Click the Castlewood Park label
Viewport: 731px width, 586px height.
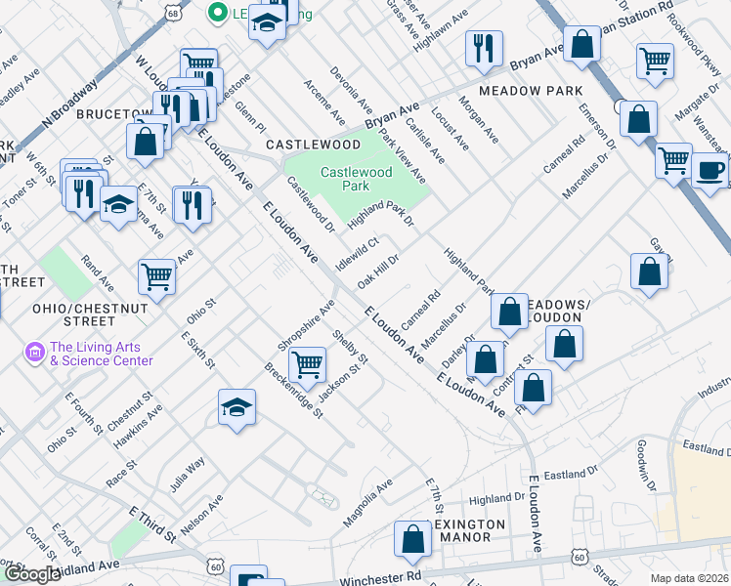pos(357,179)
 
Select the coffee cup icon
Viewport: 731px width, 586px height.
pos(709,169)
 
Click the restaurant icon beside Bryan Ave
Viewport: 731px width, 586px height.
pos(484,49)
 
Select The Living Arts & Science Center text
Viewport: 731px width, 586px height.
pos(102,354)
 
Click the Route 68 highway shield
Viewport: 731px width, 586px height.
pos(174,12)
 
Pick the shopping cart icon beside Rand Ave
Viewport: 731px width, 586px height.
pos(156,276)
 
